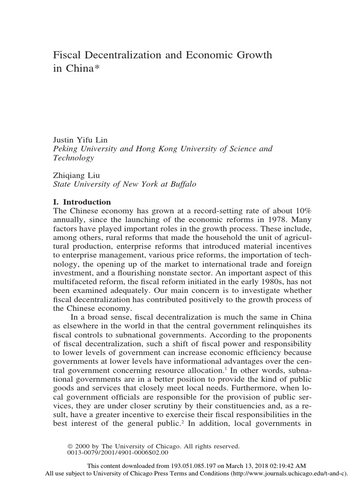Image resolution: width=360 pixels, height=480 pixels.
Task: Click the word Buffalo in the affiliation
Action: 180,184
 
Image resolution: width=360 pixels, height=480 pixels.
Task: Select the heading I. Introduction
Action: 83,202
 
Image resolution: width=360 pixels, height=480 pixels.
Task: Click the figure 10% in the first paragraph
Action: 303,211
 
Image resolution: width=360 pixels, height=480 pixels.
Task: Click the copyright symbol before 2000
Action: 72,447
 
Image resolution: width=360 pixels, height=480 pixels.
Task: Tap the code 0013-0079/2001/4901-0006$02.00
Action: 118,453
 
